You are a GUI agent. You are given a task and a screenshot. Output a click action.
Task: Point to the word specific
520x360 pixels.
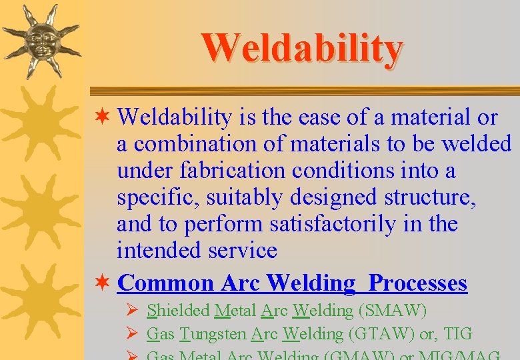[x=158, y=198]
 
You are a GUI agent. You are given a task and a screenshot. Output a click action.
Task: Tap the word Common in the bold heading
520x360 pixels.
[x=165, y=283]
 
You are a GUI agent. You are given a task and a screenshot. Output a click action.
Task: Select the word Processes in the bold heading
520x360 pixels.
[x=418, y=283]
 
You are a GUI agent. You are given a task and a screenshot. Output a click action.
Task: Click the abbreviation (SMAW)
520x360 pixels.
[x=392, y=311]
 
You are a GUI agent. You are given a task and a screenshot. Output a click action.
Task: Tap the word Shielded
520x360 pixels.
[x=178, y=311]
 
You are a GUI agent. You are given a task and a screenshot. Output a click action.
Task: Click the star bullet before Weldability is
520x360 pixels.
[x=104, y=118]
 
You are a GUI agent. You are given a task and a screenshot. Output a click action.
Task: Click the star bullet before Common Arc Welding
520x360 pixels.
[x=104, y=283]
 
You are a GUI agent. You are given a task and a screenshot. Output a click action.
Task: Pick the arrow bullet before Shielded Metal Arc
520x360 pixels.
[x=132, y=311]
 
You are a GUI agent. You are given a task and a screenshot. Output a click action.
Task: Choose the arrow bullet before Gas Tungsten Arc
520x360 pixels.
[x=132, y=333]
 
